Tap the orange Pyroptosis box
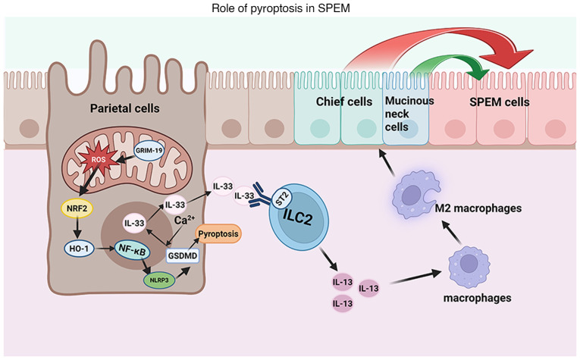[x=219, y=234]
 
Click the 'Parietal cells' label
[x=125, y=108]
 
